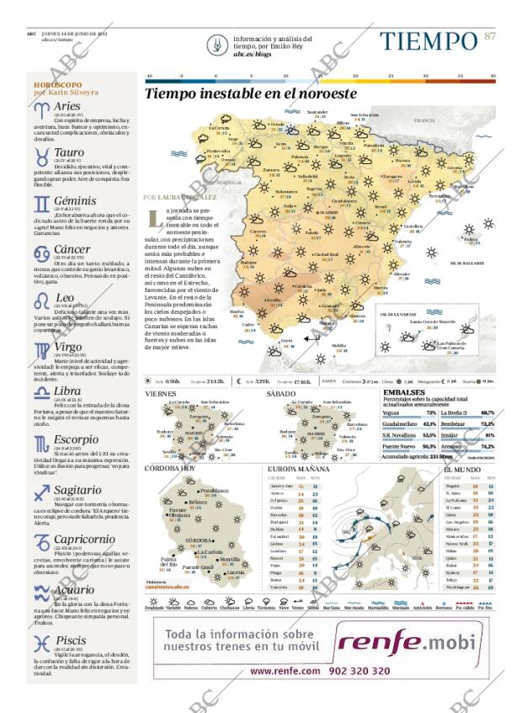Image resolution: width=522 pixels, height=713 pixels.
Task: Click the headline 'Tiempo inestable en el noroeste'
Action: [x=250, y=94]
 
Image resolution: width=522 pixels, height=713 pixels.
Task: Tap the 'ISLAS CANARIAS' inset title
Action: [x=399, y=313]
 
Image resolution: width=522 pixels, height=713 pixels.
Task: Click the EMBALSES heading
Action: [x=403, y=392]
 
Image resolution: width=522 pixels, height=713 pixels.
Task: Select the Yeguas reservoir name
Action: [x=391, y=413]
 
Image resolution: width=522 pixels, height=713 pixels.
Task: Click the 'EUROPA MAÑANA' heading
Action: [x=298, y=468]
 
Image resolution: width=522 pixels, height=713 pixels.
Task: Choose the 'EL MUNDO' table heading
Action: [x=463, y=468]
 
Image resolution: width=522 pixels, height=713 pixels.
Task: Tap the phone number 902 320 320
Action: [x=359, y=671]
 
